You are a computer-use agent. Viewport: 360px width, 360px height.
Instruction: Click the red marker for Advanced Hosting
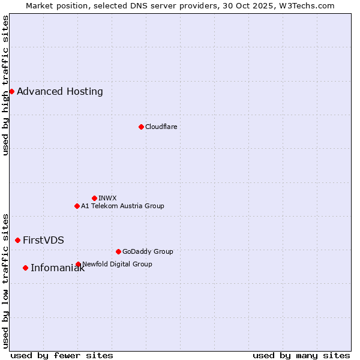11,91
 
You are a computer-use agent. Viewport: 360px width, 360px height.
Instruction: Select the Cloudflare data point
141,127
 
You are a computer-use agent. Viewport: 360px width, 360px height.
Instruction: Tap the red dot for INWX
94,198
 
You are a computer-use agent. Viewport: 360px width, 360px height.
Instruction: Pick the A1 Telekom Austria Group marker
77,206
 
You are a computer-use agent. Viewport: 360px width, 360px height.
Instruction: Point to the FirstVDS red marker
17,240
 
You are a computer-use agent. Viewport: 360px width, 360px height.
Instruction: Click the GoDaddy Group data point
118,251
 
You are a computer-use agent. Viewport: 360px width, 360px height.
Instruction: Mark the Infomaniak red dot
25,268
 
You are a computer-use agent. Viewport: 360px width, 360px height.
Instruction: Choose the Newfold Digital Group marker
78,264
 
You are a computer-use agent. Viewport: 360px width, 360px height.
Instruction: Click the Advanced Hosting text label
60,92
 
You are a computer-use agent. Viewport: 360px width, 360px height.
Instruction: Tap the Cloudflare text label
161,127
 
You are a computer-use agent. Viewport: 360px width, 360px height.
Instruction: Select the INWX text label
107,198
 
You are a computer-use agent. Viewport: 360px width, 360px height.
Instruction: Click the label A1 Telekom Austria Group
122,206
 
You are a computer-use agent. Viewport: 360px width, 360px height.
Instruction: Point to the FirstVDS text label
43,241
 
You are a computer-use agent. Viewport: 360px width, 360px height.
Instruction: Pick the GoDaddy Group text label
148,251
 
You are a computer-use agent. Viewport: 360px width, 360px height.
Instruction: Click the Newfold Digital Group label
117,264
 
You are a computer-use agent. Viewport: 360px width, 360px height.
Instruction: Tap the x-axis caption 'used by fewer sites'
62,355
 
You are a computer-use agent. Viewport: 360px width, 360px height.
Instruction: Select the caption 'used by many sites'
301,355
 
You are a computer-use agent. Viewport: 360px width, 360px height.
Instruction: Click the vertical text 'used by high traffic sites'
5,85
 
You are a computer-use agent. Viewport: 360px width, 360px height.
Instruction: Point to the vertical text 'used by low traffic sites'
5,280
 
